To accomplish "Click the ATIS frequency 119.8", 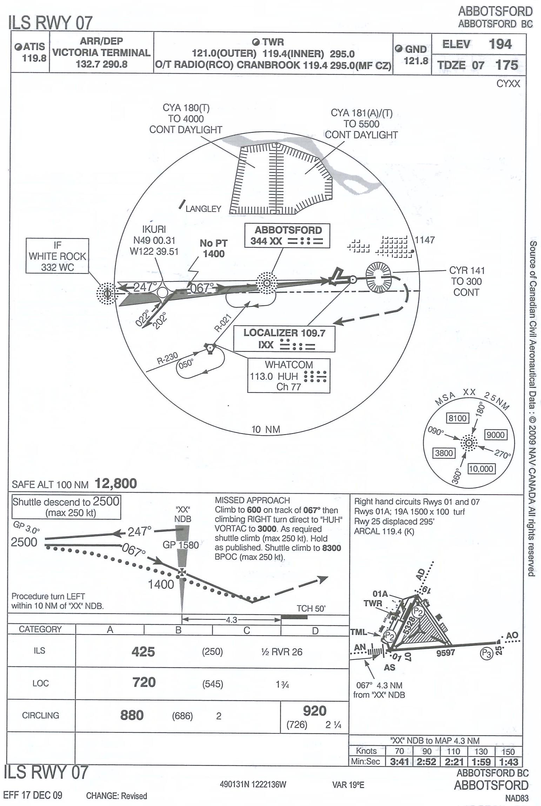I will point(34,58).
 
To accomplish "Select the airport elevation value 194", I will point(500,44).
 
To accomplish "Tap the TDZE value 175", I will point(507,65).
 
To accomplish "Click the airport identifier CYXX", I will point(508,84).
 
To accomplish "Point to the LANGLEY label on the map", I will point(203,209).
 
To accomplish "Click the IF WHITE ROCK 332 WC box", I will point(57,256).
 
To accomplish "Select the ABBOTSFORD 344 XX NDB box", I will point(287,236).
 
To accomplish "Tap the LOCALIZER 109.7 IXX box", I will point(284,339).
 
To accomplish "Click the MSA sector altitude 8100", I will point(457,418).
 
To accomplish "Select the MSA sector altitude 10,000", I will point(481,469).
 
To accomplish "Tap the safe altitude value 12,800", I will point(116,484).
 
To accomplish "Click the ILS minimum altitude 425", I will point(143,652).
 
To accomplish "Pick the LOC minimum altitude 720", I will point(144,682).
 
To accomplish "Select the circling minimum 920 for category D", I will point(314,711).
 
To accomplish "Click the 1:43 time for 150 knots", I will point(508,762).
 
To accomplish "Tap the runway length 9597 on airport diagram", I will point(445,653).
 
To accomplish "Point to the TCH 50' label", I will point(311,609).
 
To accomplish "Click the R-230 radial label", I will point(167,359).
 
